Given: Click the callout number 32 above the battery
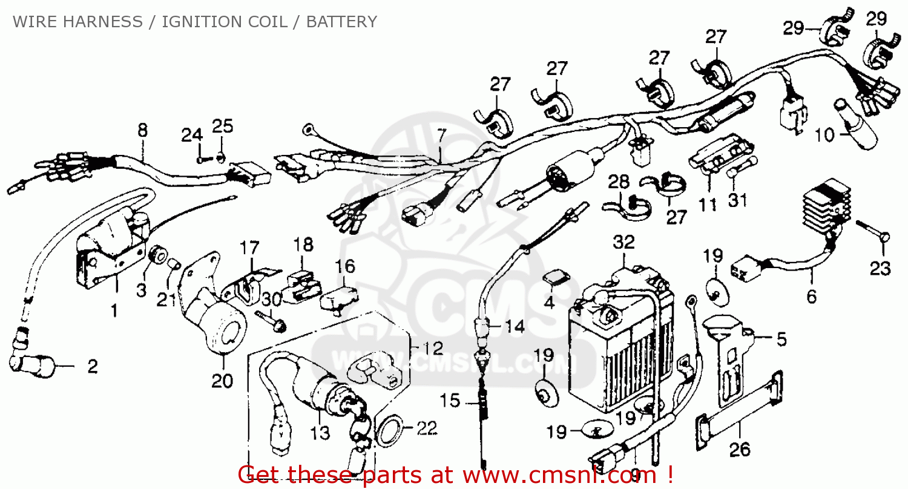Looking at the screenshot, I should coord(623,242).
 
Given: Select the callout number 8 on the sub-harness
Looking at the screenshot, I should coord(142,130).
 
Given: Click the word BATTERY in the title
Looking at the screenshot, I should coord(341,22).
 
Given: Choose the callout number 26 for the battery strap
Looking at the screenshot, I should coord(740,449).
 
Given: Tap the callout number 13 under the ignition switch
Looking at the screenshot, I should coord(320,433).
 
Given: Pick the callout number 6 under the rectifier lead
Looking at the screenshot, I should coord(811,297).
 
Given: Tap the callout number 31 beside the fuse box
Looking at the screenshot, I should coord(737,200).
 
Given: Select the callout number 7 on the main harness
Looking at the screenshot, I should coord(441,134).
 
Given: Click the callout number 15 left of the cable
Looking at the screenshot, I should coord(450,401).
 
